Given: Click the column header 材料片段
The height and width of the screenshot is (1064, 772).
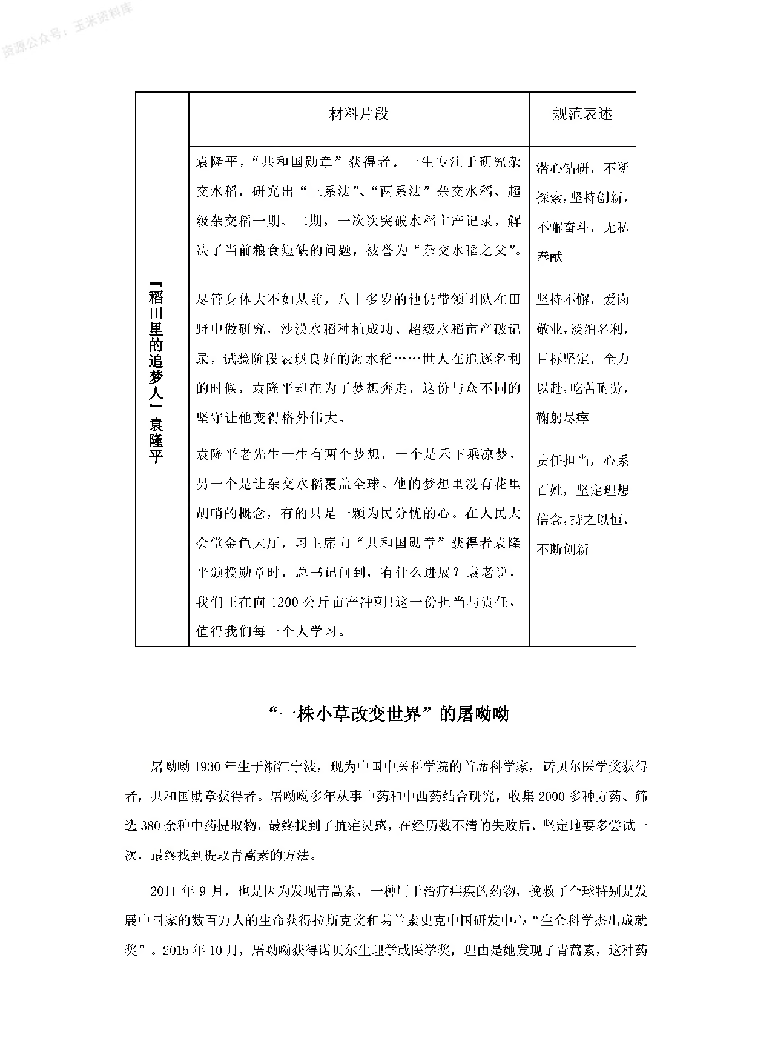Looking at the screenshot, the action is tap(358, 114).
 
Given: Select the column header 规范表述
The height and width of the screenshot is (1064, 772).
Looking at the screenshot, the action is tap(582, 114).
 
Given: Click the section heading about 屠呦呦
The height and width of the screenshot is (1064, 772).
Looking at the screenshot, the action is tap(388, 714).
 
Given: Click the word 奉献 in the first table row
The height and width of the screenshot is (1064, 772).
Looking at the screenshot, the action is tap(550, 256).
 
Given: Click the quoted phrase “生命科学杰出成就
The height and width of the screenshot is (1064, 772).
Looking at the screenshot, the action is tap(590, 920).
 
